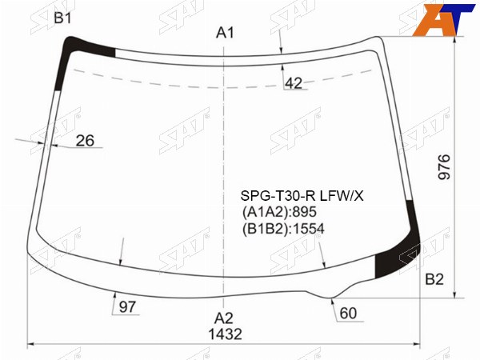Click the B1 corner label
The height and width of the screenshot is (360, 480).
pyautogui.click(x=62, y=18)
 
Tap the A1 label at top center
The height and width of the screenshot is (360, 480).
pyautogui.click(x=225, y=33)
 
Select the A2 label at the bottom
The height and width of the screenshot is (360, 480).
pyautogui.click(x=224, y=318)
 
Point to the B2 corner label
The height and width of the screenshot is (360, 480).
pyautogui.click(x=434, y=279)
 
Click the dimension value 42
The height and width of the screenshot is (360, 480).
pyautogui.click(x=294, y=83)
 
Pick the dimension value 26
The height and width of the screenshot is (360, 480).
pyautogui.click(x=85, y=141)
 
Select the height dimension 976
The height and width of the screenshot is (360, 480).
pyautogui.click(x=445, y=167)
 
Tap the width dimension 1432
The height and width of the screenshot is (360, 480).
pyautogui.click(x=225, y=334)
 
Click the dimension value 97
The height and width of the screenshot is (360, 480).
pyautogui.click(x=127, y=306)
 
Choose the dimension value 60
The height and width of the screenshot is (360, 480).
pyautogui.click(x=348, y=313)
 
